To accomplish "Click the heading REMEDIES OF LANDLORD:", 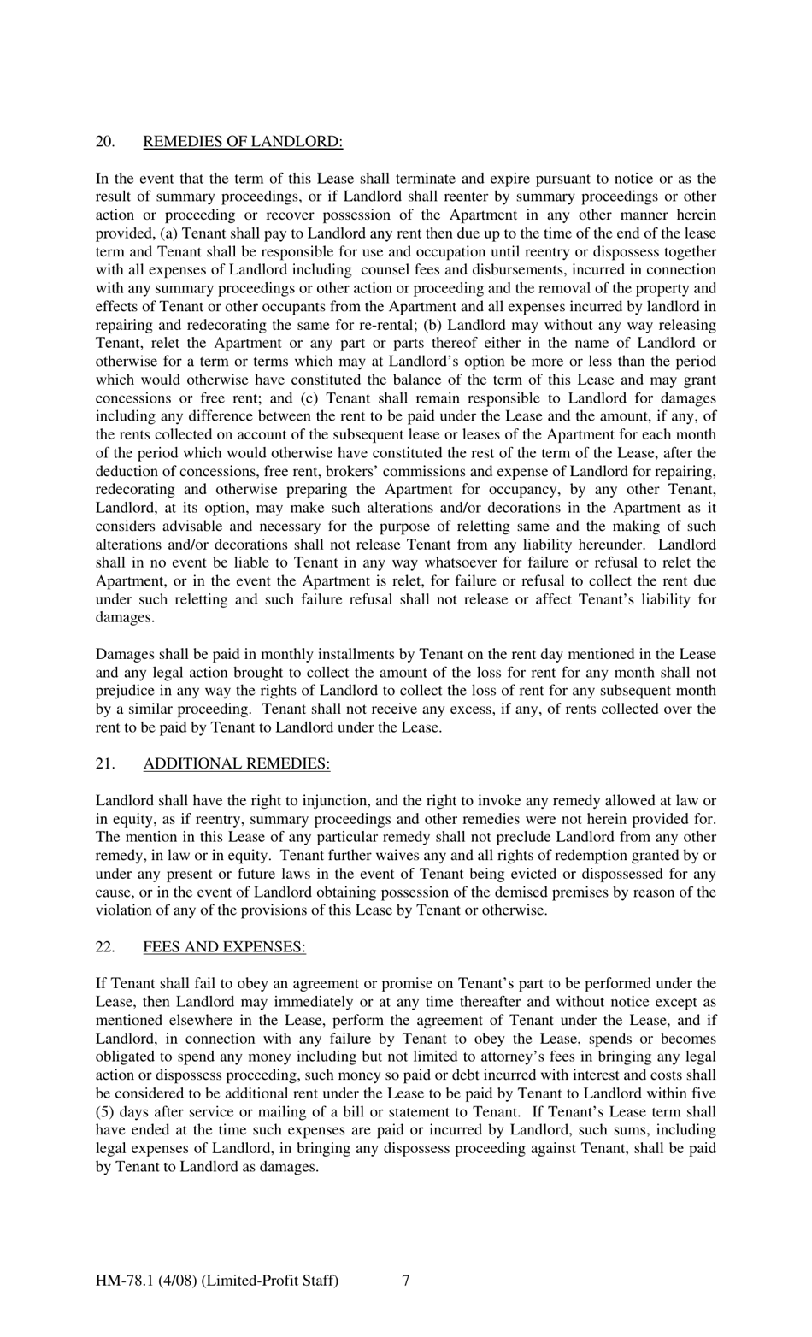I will pos(243,142).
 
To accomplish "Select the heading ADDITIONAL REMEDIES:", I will pos(237,763).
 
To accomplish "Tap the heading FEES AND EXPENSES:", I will pos(224,946).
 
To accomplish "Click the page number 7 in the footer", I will pos(405,1280).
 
